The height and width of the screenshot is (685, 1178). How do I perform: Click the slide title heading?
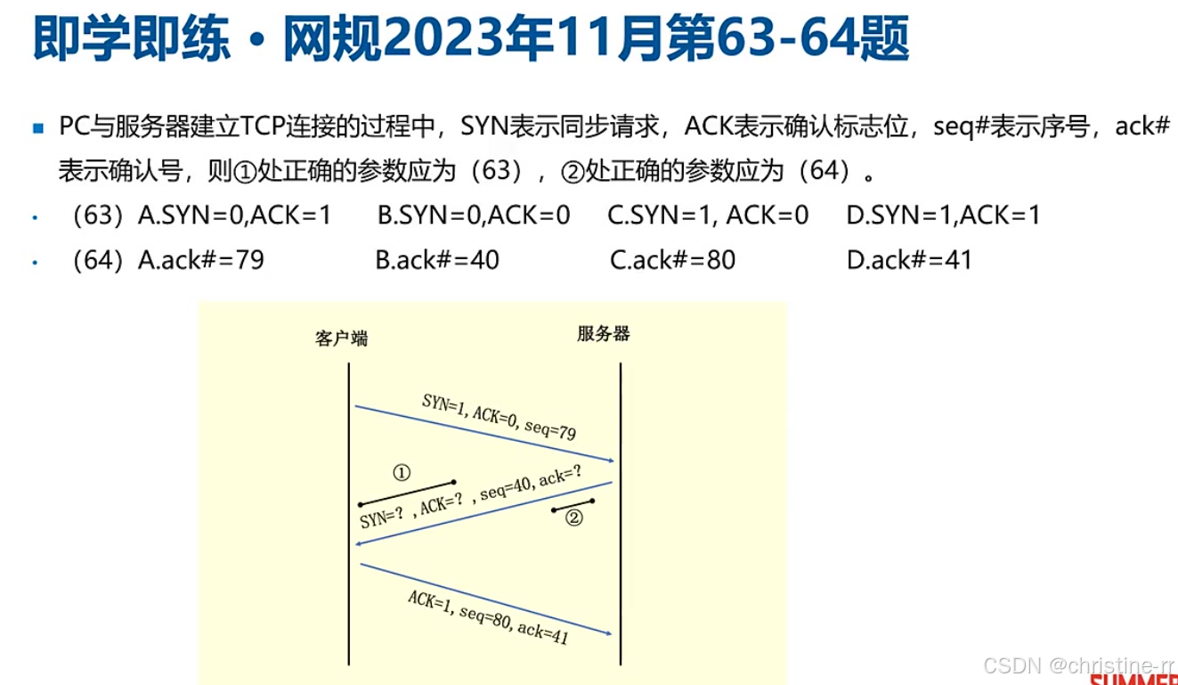tap(471, 40)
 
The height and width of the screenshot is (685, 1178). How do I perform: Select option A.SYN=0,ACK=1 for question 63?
tap(234, 216)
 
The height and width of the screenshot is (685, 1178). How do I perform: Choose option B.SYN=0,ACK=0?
tap(474, 216)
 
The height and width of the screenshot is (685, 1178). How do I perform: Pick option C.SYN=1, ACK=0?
tap(708, 216)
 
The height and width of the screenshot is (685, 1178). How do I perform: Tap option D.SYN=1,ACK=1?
tap(943, 216)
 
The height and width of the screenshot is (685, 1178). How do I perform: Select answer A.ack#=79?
tap(201, 260)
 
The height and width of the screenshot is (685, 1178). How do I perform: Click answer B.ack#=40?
tap(437, 260)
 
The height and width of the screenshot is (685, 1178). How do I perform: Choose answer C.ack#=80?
tap(672, 260)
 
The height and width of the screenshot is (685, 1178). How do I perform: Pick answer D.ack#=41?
tap(909, 260)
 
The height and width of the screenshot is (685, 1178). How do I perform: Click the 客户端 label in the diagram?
tap(341, 338)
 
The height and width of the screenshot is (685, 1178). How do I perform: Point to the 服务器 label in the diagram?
tap(603, 334)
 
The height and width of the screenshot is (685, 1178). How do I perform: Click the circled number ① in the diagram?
tap(402, 472)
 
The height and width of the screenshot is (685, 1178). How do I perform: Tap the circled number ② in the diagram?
tap(574, 518)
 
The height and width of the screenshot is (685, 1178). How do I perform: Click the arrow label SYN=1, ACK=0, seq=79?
tap(499, 417)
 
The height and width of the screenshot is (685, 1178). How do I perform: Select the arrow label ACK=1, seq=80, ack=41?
tap(488, 616)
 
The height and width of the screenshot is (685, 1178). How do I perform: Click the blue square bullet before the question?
tap(37, 128)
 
